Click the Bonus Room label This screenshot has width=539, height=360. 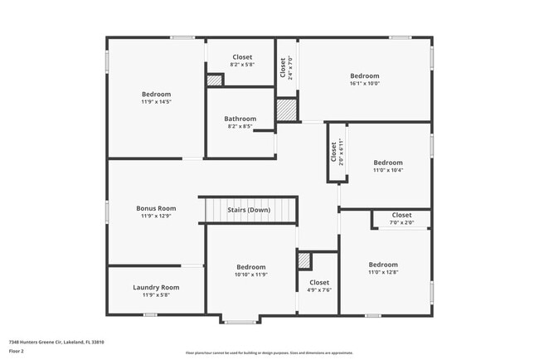[x=156, y=208]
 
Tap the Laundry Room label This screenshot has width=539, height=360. [x=156, y=287]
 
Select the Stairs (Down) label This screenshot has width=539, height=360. [x=249, y=210]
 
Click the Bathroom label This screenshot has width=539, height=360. [x=240, y=119]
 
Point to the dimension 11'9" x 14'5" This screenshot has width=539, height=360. [x=156, y=102]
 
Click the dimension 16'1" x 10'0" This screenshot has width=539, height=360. [x=364, y=83]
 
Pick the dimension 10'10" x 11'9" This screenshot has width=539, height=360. [x=250, y=275]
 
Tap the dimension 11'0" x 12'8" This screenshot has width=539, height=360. [x=383, y=272]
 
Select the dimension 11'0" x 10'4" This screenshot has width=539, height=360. [x=387, y=170]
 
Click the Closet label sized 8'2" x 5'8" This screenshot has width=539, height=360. [x=242, y=57]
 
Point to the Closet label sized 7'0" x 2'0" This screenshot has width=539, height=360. [x=401, y=215]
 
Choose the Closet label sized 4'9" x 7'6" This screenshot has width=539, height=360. [x=319, y=283]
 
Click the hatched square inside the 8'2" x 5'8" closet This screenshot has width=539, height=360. [x=215, y=80]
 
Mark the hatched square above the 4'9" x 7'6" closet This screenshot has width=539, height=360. [x=304, y=260]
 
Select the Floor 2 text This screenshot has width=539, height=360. [x=17, y=351]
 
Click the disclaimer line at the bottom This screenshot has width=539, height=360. [x=269, y=353]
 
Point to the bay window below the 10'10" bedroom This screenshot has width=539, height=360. [x=241, y=320]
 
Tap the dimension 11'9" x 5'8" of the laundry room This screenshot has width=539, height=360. [x=156, y=294]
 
